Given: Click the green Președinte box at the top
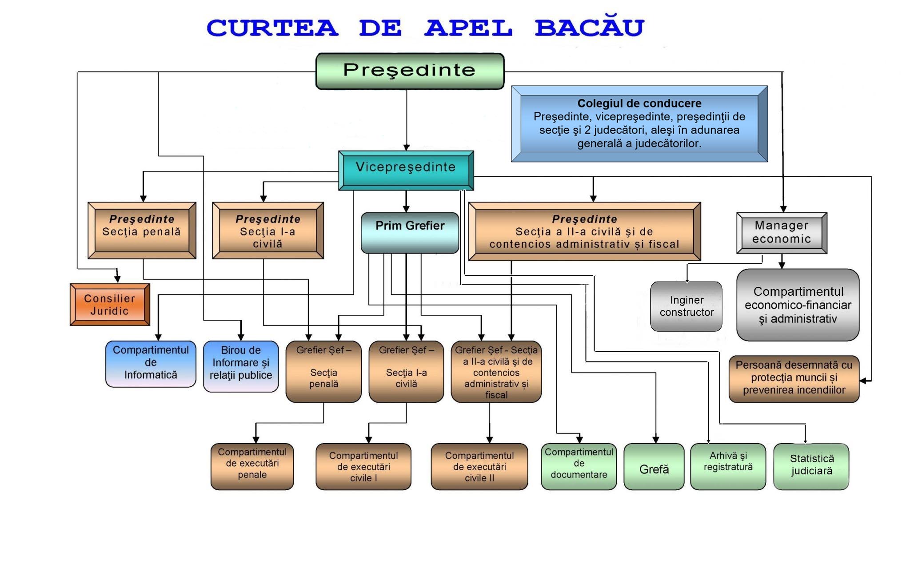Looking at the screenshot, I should (410, 71).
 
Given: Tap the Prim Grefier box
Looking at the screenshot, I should (410, 232).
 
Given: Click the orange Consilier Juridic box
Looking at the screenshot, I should (110, 305).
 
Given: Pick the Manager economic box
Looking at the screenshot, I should (782, 233).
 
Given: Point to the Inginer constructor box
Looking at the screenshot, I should (686, 306).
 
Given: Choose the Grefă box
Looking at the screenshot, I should (654, 467).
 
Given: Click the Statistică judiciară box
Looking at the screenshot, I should (811, 466).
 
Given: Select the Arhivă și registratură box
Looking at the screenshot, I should (728, 466).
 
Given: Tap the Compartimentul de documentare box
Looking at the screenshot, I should (579, 466).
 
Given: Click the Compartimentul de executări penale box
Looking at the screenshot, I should (252, 466).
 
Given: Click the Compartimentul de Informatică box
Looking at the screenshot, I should (151, 364).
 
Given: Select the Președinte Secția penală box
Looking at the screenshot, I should (142, 230).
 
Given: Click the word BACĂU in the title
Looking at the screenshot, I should (589, 28).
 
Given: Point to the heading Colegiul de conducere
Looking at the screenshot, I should (639, 103).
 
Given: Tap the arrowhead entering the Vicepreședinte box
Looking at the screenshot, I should (406, 147).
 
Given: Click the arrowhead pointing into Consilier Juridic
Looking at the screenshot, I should (117, 279).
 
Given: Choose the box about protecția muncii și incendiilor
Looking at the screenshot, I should (794, 378).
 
